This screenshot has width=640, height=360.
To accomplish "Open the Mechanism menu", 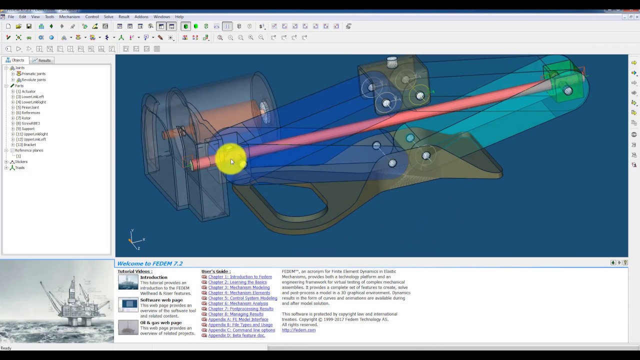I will [x=69, y=16].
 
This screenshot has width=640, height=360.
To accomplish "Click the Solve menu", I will [x=108, y=16].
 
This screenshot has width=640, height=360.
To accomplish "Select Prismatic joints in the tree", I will [x=33, y=74].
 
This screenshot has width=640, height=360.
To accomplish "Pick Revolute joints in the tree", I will [x=33, y=80].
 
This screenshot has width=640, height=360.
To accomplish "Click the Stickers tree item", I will [x=21, y=162].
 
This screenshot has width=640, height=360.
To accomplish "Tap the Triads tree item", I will [x=19, y=168].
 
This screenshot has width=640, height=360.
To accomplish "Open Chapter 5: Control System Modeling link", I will [x=242, y=298].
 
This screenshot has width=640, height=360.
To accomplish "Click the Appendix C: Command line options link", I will [x=241, y=330].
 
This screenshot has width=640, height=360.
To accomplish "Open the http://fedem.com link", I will [x=298, y=330].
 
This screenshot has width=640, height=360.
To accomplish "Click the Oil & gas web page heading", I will [x=160, y=322].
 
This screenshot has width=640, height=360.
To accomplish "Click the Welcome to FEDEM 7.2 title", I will [x=149, y=263].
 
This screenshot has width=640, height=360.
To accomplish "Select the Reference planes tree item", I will [x=29, y=150].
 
